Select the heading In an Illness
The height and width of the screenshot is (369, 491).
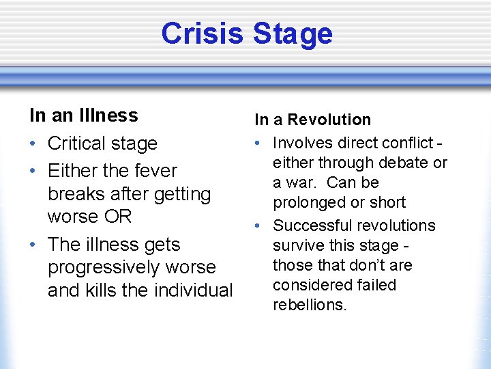tap(83, 115)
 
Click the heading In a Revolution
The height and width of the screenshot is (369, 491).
tap(312, 120)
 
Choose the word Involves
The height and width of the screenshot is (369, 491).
tap(303, 143)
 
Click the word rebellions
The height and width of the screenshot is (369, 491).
tap(309, 305)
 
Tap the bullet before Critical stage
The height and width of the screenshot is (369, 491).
tap(33, 144)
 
